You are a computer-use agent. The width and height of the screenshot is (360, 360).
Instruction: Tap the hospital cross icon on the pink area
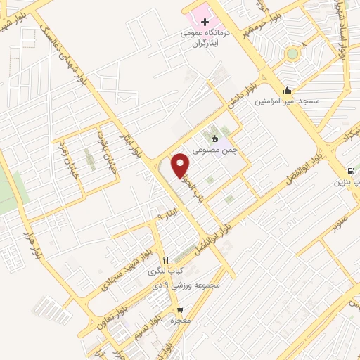(205, 22)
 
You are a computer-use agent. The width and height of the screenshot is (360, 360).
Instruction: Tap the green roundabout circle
(292, 53)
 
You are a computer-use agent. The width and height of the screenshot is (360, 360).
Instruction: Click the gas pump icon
(350, 172)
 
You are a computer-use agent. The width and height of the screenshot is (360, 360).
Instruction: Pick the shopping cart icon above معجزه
(181, 309)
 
